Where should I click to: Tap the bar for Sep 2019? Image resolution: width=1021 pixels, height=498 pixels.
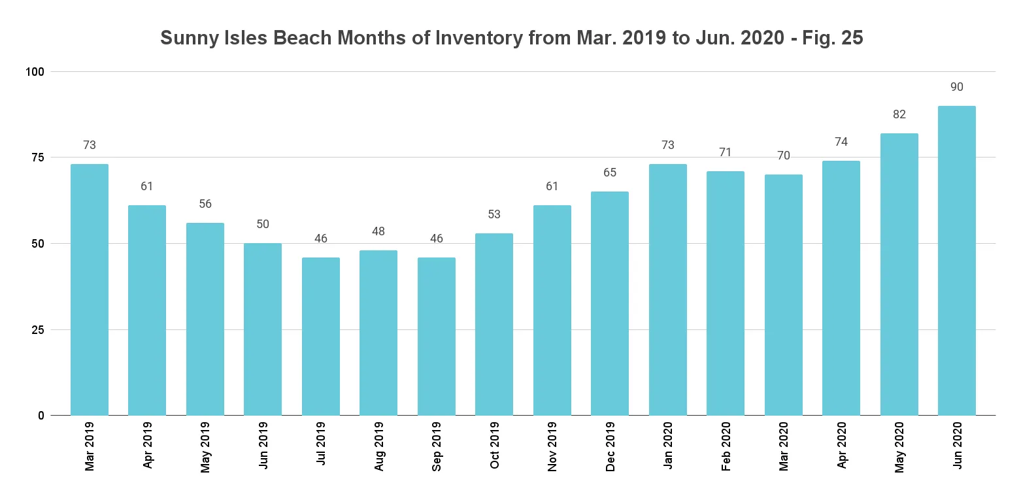point(437,336)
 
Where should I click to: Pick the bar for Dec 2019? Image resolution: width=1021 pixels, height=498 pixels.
point(610,303)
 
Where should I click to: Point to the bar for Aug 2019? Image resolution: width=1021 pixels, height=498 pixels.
point(378,333)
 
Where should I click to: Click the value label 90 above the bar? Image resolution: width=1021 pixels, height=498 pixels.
point(956,87)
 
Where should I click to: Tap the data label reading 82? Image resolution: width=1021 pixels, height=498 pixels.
point(899,114)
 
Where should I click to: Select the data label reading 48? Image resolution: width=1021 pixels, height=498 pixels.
point(378,231)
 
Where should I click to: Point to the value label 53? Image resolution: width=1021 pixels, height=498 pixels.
point(494,214)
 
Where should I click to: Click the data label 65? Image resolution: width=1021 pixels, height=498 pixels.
point(610,173)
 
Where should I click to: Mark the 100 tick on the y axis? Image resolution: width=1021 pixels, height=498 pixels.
point(35,71)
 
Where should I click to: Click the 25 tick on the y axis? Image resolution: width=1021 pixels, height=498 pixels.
point(38,329)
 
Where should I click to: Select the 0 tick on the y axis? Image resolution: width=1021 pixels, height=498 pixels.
point(41,416)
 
